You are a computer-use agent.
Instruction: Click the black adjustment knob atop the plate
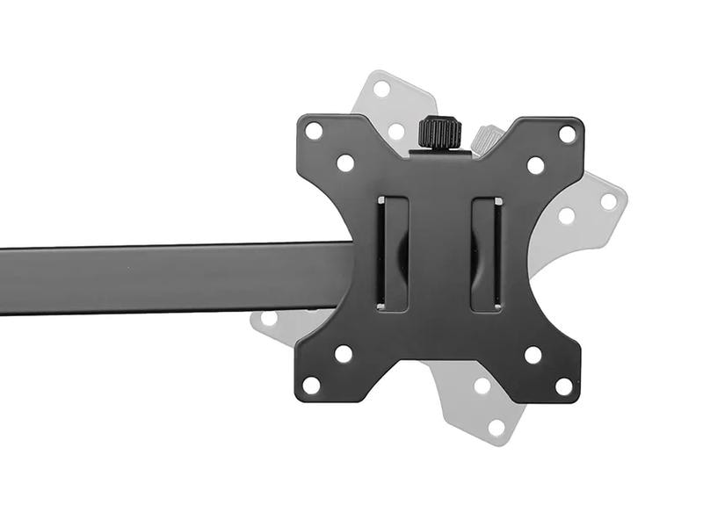pos(439,133)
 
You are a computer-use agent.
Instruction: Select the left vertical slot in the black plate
pos(392,253)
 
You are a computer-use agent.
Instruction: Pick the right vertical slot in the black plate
pos(486,253)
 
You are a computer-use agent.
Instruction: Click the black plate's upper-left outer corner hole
pos(314,131)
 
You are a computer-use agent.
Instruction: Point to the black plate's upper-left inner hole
pos(345,162)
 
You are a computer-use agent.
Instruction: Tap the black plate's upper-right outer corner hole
pos(567,134)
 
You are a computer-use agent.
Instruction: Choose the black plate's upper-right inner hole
pos(535,164)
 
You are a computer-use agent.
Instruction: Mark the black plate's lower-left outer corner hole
pos(312,385)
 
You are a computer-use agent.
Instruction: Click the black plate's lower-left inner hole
pos(344,353)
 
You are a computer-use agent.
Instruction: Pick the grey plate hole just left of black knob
pos(397,131)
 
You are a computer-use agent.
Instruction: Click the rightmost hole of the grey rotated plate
pos(608,200)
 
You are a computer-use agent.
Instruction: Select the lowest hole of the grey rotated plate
pos(496,428)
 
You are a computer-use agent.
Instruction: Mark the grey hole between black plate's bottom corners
pos(482,385)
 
